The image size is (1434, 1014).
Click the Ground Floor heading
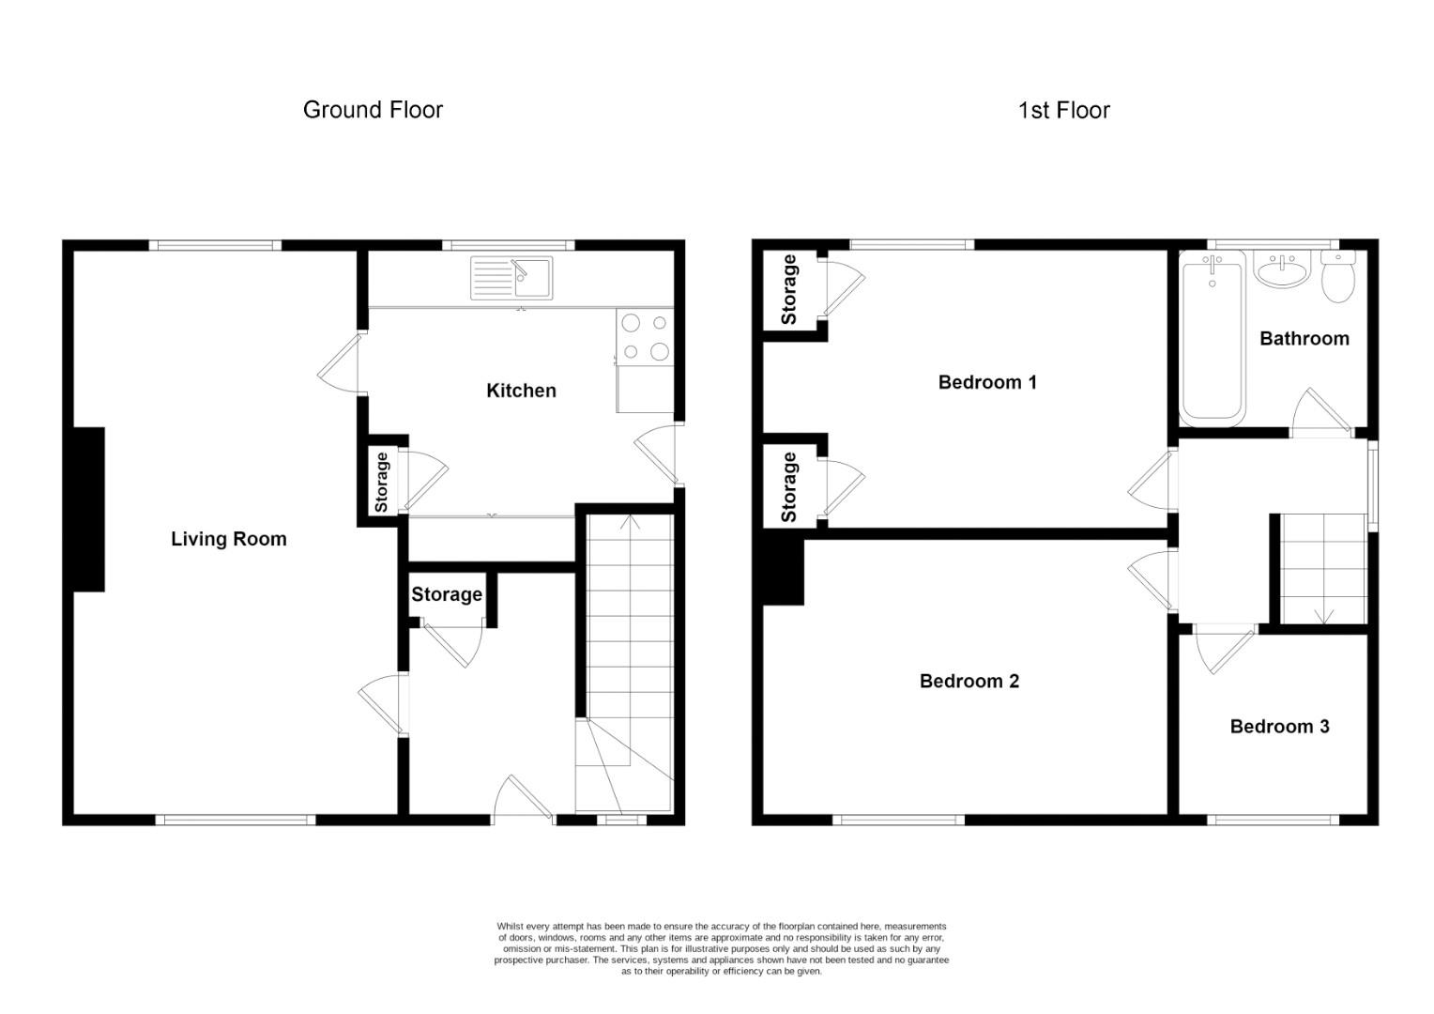point(373,110)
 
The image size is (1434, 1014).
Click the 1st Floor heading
point(1064,110)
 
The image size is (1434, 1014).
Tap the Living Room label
point(229,539)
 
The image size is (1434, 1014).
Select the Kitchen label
point(521,391)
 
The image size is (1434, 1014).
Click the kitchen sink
point(511,278)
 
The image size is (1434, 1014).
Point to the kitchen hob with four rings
point(646,337)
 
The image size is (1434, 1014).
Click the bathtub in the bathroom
point(1213,338)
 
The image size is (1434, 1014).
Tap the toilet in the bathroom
point(1338,276)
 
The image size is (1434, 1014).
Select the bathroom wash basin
point(1282,270)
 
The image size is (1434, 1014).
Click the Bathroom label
point(1304,338)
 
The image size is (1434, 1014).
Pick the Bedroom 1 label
point(987,382)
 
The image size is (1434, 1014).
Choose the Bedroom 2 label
point(969,681)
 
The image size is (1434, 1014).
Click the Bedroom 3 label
point(1280,727)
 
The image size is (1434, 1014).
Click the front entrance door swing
point(523,798)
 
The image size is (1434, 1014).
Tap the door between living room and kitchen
point(339,363)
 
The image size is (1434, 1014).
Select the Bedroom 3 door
point(1224,650)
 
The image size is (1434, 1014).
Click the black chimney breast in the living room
point(89,510)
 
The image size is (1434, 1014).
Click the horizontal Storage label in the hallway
point(446,595)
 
